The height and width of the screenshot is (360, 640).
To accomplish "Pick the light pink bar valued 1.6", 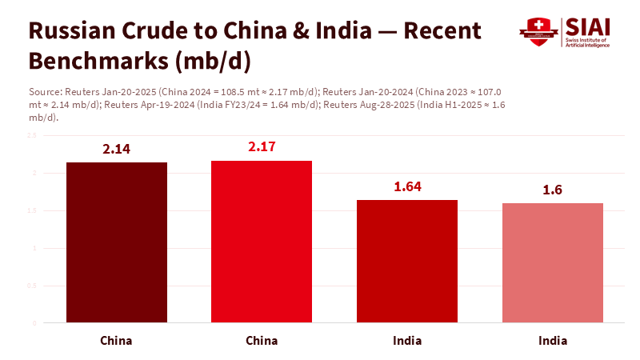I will click(553, 263).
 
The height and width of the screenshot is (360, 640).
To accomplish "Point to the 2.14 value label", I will click(116, 149).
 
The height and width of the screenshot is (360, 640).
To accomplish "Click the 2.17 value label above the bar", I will click(262, 147).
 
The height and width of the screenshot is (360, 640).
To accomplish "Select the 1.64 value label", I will click(407, 187).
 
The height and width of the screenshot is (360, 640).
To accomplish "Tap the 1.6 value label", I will click(553, 190).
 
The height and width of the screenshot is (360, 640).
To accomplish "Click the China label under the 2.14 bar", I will click(116, 340).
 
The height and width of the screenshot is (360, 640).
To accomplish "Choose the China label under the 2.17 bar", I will click(262, 340).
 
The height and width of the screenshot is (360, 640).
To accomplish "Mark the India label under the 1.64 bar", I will click(407, 340).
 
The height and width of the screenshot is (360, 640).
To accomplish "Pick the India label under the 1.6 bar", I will click(553, 340).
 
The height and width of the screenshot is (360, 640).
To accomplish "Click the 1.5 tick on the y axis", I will click(32, 210).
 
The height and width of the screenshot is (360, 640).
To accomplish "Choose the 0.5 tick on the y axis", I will click(32, 286).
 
